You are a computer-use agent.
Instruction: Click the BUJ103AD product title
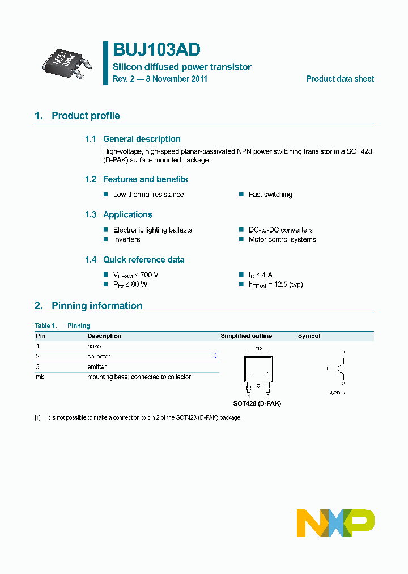[156, 50]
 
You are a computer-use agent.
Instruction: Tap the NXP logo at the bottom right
[335, 522]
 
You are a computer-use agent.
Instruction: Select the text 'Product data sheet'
[340, 79]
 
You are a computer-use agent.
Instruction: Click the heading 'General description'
[142, 139]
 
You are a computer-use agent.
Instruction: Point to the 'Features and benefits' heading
[145, 179]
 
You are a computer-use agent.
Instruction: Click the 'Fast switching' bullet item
[270, 195]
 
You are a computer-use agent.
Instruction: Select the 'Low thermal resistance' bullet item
[148, 195]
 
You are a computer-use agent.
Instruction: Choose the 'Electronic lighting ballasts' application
[152, 230]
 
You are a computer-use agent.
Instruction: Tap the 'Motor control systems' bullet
[282, 239]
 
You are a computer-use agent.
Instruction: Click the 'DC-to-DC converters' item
[280, 230]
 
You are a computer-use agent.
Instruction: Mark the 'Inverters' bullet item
[126, 239]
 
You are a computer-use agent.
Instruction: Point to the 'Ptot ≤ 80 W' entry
[130, 284]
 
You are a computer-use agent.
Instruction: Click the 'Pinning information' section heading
[97, 306]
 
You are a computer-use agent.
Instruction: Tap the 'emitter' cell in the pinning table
[97, 367]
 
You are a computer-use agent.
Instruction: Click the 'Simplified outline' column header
[246, 336]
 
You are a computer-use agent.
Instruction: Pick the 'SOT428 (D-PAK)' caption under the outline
[257, 403]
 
